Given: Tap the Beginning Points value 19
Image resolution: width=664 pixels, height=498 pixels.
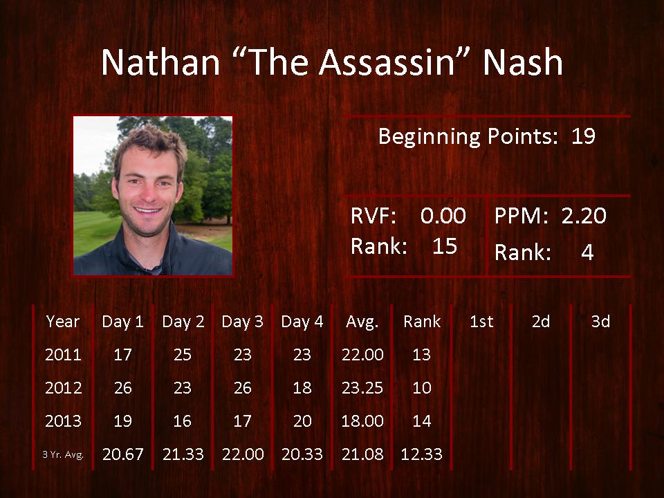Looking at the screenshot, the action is pos(583,136).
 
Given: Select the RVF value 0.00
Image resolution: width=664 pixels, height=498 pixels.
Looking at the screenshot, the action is pos(443,216).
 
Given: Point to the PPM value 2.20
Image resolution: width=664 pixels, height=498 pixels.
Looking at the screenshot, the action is pos(584,216).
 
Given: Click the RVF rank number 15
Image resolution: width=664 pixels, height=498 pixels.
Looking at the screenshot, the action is pos(445,246).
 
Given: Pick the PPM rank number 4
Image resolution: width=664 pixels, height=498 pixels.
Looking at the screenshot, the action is pos(587,252).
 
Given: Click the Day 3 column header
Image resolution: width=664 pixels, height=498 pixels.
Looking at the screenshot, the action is pos(242,322).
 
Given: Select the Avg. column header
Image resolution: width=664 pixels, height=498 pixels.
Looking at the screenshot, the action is pos(362,322).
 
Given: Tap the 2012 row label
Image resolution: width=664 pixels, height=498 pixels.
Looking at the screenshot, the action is pos(63,388).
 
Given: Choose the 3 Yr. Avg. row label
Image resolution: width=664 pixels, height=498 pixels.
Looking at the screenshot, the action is pos(63,455).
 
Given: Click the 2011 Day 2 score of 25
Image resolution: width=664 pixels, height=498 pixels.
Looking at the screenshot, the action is pos(183,354).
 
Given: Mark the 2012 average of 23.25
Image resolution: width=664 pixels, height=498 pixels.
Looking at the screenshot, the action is pos(362,388).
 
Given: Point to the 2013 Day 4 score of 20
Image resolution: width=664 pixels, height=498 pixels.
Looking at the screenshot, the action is pos(302,421).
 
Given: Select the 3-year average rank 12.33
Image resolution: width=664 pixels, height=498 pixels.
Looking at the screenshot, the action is pos(421,454).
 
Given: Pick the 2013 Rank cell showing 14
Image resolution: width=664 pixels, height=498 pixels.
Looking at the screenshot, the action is pos(422,421).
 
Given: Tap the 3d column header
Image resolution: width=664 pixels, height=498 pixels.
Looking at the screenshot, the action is pos(600,322).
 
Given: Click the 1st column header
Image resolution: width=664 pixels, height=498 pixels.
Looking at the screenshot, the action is pos(481,322).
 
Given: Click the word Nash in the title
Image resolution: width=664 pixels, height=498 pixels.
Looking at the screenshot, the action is pos(523,62).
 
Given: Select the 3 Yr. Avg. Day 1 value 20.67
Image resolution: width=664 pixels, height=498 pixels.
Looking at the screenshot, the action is pos(123,454).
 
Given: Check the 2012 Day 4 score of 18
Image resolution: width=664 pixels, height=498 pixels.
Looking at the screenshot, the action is pos(302,388).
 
